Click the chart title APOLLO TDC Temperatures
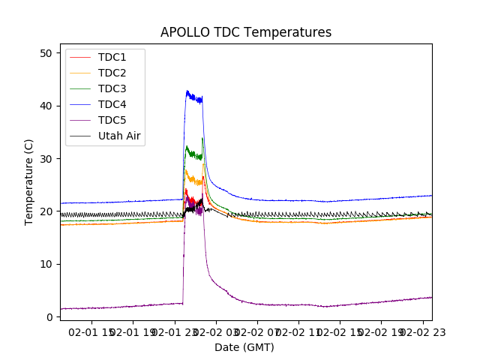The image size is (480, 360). [x=245, y=32]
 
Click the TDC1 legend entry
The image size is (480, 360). [x=112, y=57]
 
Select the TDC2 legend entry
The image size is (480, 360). [x=112, y=73]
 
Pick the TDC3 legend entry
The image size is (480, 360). [x=112, y=88]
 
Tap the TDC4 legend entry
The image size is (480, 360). [x=112, y=104]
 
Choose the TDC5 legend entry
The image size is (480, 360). [x=112, y=120]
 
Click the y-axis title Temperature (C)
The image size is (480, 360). [x=30, y=181]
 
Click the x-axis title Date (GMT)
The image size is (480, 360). [x=244, y=347]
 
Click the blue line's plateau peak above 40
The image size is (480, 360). [x=188, y=92]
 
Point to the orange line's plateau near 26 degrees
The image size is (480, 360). [x=194, y=180]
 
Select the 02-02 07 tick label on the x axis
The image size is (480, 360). [x=257, y=332]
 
